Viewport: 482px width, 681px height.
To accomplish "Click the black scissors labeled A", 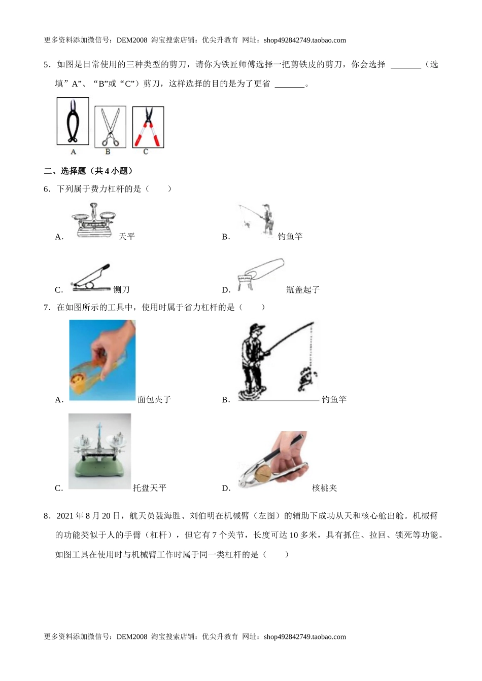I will (73, 122).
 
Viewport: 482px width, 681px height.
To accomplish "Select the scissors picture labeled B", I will (110, 127).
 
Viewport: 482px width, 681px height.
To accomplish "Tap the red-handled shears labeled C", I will (148, 127).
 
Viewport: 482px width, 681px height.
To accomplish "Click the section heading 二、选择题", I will (89, 171).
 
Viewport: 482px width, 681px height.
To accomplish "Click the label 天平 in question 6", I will (127, 237).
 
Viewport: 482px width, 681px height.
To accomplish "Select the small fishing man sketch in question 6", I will (259, 219).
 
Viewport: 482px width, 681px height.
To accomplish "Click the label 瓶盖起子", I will (303, 290).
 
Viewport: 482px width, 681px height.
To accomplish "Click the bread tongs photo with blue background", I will (102, 360).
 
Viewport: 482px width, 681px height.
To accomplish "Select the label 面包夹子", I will (154, 400).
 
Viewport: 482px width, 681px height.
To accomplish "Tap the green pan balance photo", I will (99, 451).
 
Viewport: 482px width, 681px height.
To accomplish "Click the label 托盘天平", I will (150, 488).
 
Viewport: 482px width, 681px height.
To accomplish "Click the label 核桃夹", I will (325, 488).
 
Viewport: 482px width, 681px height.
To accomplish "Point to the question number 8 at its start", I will (47, 516).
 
